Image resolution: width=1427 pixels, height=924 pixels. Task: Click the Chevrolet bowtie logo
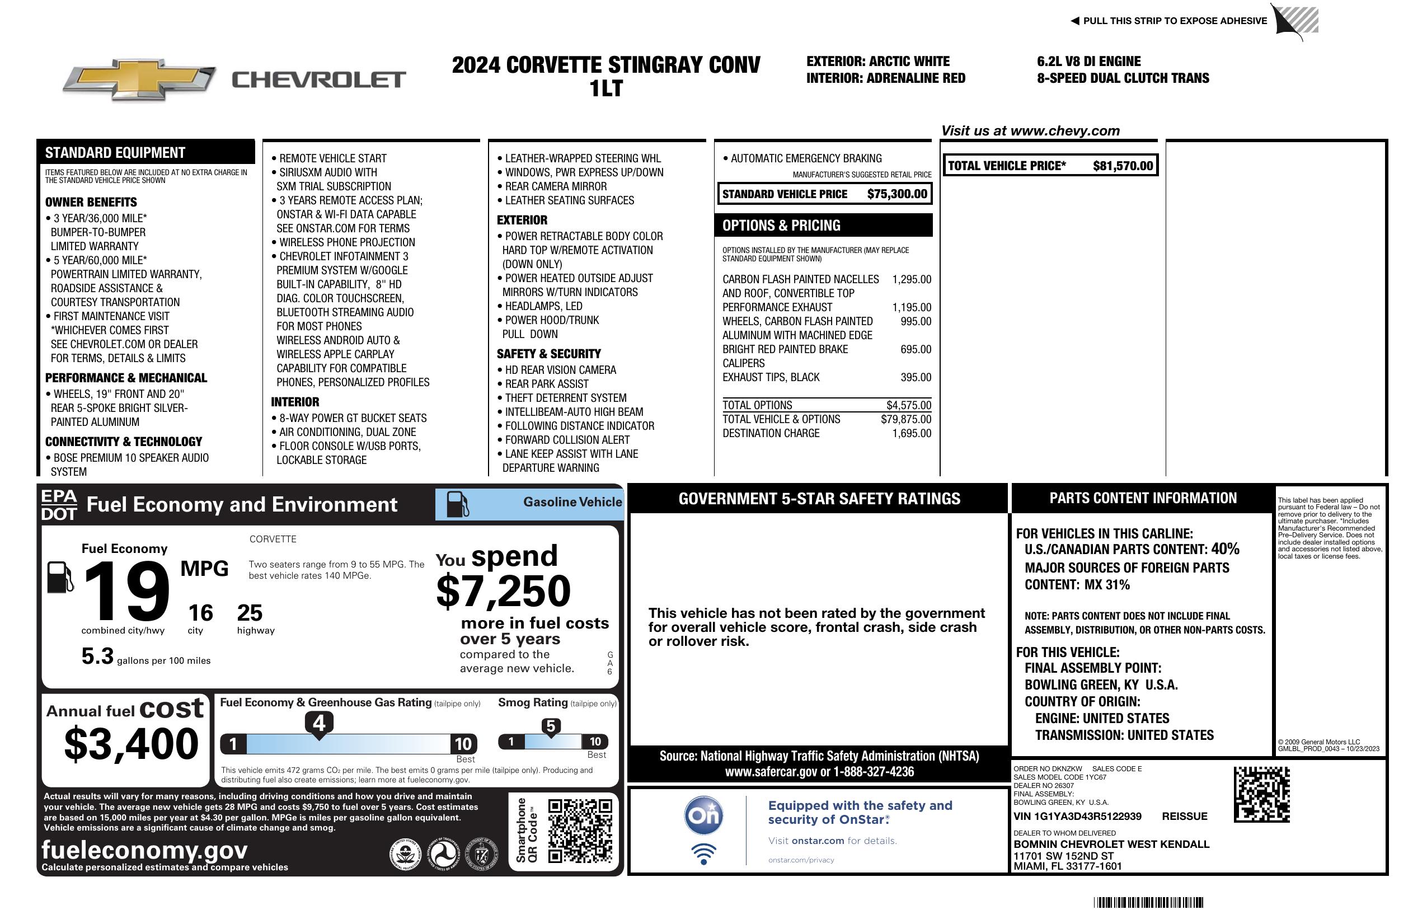tap(139, 79)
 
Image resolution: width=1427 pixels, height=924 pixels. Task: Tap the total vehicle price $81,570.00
tap(1122, 166)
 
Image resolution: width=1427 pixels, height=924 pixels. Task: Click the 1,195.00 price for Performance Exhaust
tap(912, 308)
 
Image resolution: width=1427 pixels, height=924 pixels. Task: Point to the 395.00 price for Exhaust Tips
tap(916, 378)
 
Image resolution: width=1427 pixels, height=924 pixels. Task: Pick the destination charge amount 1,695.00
tap(912, 434)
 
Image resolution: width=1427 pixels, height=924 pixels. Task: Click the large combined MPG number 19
tap(126, 592)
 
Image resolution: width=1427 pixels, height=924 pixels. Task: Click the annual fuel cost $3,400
tap(131, 744)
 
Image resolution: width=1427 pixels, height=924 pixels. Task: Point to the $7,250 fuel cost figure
tap(503, 592)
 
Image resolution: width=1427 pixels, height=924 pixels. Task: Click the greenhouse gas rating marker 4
tap(319, 723)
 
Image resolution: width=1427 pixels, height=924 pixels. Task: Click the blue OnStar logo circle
tap(703, 815)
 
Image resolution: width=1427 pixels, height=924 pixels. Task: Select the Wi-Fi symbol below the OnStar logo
tap(703, 853)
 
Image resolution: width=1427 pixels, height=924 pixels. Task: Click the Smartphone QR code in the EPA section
tap(580, 830)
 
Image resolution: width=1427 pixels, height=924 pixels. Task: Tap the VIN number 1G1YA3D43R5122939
tap(1077, 817)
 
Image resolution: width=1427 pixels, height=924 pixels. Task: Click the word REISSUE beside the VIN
tap(1184, 817)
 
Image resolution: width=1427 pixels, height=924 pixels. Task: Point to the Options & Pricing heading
tap(781, 226)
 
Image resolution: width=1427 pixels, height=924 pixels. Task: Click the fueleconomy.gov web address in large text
tap(144, 850)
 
